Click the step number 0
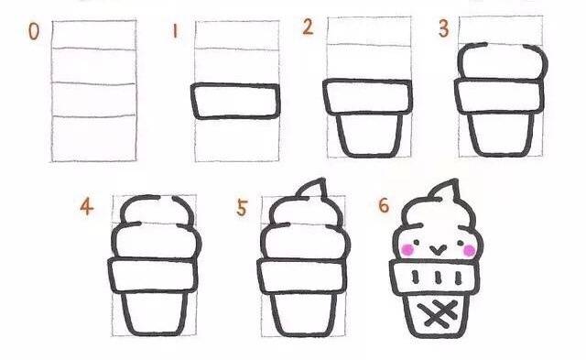pos(34,31)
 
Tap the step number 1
pos(175,30)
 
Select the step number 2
pos(308,27)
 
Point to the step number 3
pos(443,28)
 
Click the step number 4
pos(87,206)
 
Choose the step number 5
pos(242,208)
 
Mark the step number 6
pos(384,205)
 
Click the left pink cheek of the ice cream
pos(407,250)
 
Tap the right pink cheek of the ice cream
pos(469,250)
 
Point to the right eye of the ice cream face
pos(461,244)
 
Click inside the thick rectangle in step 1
pos(235,101)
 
